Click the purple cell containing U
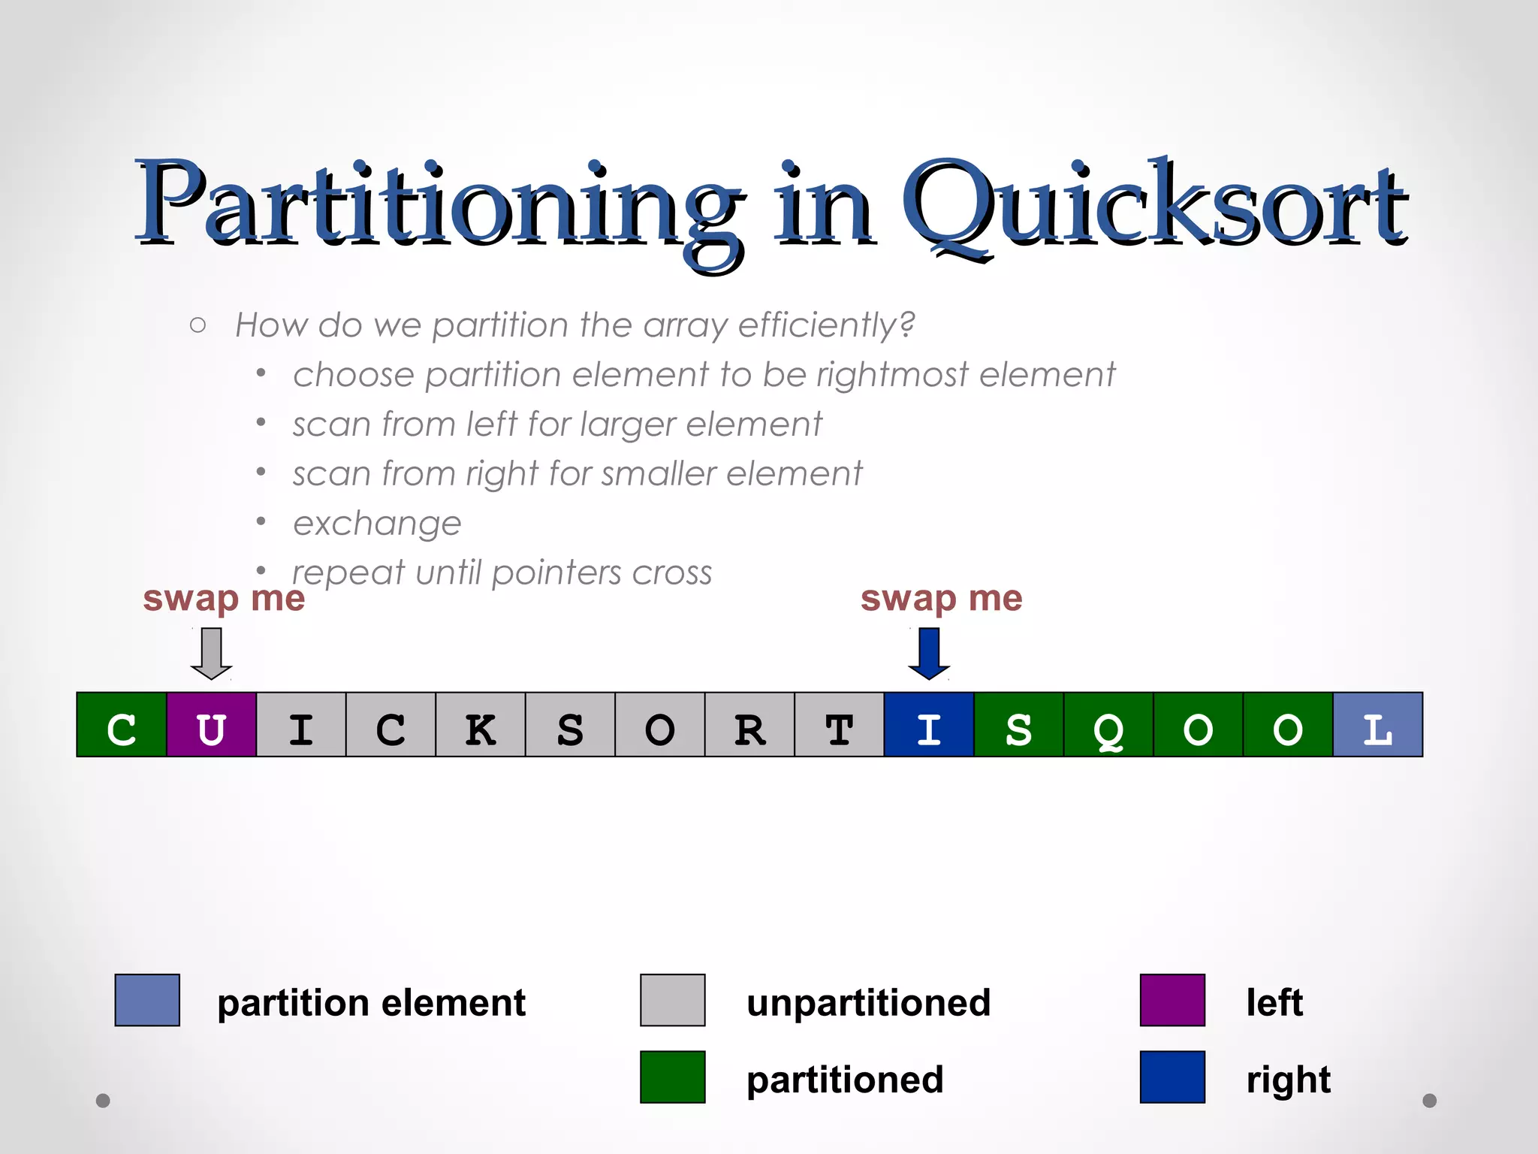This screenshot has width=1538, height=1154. [211, 725]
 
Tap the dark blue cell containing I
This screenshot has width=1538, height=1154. [929, 725]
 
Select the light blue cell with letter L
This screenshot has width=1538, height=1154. [1377, 725]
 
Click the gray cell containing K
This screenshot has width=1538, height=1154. [481, 725]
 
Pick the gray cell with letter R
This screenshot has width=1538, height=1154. [749, 725]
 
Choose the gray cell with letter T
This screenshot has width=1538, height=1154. [839, 725]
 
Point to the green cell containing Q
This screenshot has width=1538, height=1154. [1108, 725]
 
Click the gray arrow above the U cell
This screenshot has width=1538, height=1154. [211, 653]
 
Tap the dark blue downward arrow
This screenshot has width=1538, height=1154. [929, 653]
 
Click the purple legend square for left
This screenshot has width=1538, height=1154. [1172, 1000]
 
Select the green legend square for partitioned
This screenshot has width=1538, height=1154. [672, 1077]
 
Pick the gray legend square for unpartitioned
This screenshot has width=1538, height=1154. [672, 1000]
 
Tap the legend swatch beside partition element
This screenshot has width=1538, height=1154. [147, 1000]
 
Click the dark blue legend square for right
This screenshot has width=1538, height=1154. [1172, 1077]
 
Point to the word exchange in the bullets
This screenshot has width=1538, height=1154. [377, 524]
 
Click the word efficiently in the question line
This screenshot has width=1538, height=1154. [826, 325]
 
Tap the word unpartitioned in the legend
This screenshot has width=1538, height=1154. [868, 1003]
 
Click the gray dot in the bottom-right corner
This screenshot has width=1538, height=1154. [1430, 1101]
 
